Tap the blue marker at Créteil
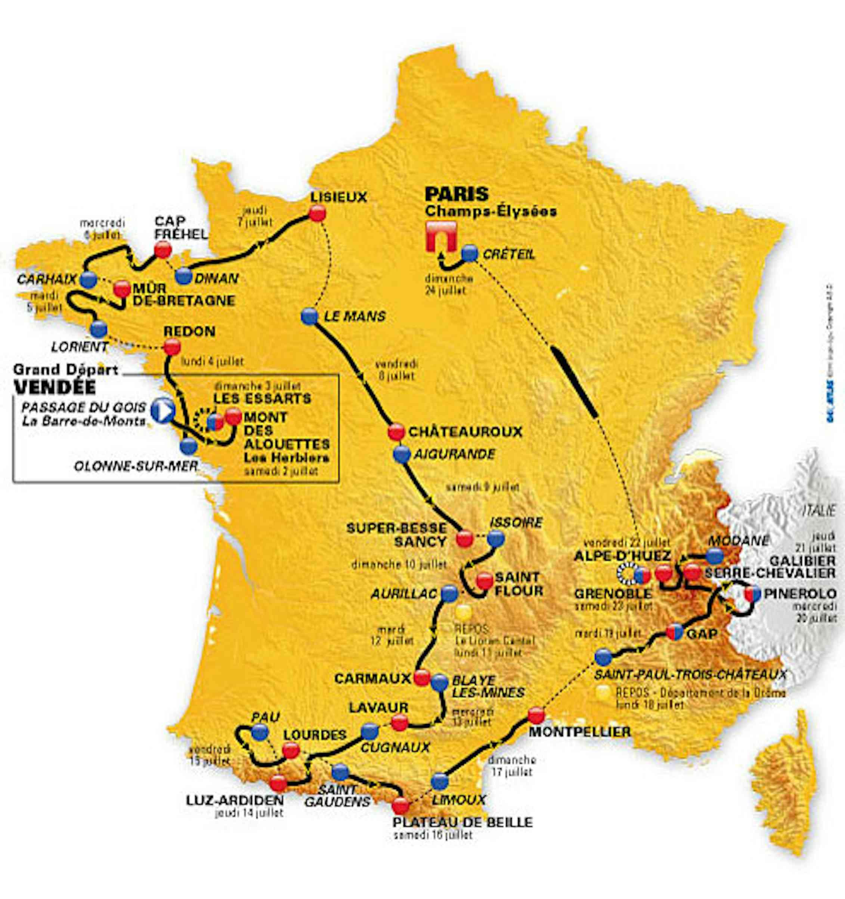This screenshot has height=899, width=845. click(x=469, y=254)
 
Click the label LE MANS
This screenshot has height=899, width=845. click(x=355, y=316)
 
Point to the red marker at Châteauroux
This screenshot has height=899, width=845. click(x=396, y=431)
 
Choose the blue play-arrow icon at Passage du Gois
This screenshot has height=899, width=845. click(x=163, y=411)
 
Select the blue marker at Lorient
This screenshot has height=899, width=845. click(x=99, y=329)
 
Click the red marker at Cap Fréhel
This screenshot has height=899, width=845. click(x=162, y=249)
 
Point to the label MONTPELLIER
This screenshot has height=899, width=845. click(x=580, y=731)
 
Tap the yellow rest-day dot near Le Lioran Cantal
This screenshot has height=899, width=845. click(x=464, y=613)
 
